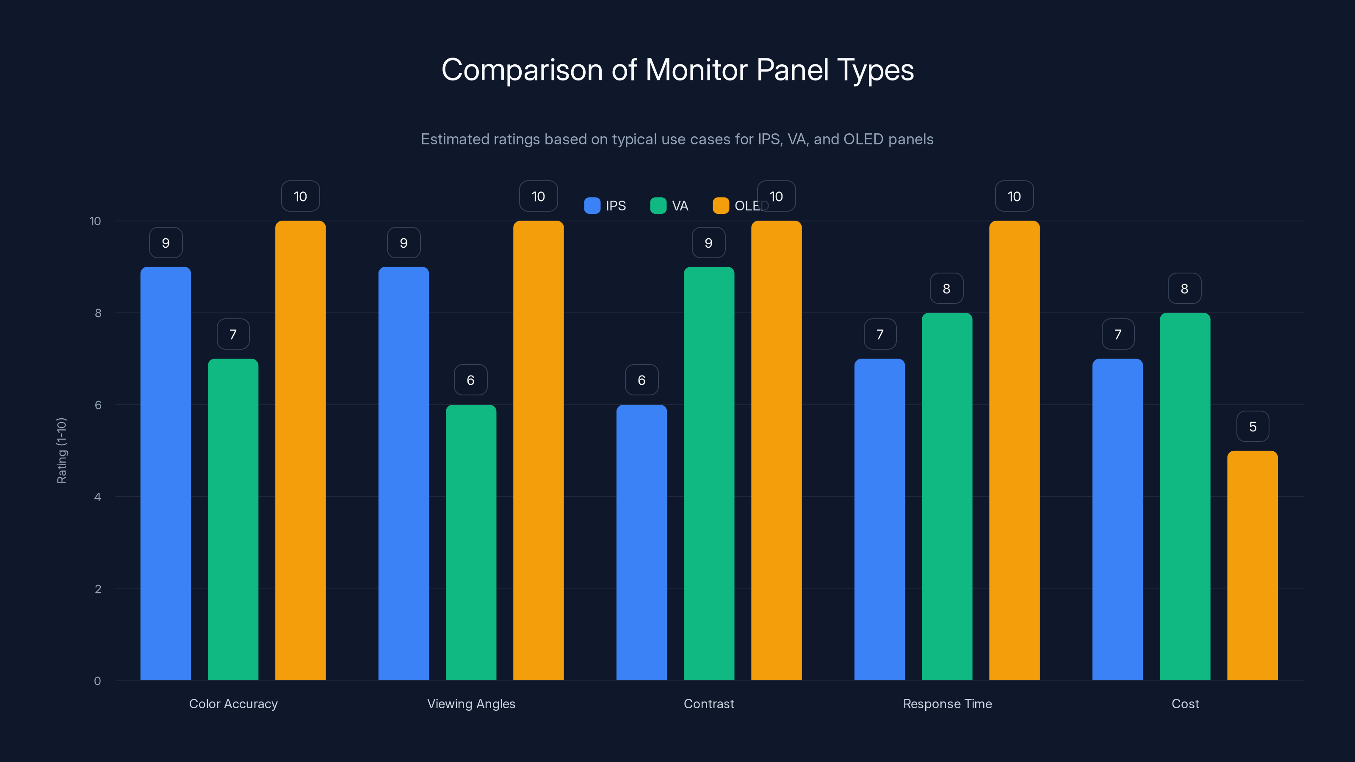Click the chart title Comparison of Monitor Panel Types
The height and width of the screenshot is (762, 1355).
[677, 70]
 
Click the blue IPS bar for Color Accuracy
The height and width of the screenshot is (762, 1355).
[166, 473]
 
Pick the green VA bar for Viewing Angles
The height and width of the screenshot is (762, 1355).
[471, 542]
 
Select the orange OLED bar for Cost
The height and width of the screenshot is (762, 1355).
[1253, 565]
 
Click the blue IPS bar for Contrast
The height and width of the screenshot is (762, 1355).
[641, 542]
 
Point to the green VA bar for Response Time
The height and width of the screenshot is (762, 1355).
[947, 497]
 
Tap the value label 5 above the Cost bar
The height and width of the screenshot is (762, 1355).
[1253, 426]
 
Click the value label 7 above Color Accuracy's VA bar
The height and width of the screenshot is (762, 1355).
[233, 334]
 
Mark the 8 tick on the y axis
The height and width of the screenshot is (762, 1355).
[98, 313]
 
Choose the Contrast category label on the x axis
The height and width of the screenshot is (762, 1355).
[708, 704]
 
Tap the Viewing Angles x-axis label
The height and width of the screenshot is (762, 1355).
[471, 704]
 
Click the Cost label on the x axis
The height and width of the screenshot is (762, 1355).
[1185, 704]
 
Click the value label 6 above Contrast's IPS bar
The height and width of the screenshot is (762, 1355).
[641, 380]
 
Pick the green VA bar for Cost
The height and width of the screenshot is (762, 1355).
[1185, 497]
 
